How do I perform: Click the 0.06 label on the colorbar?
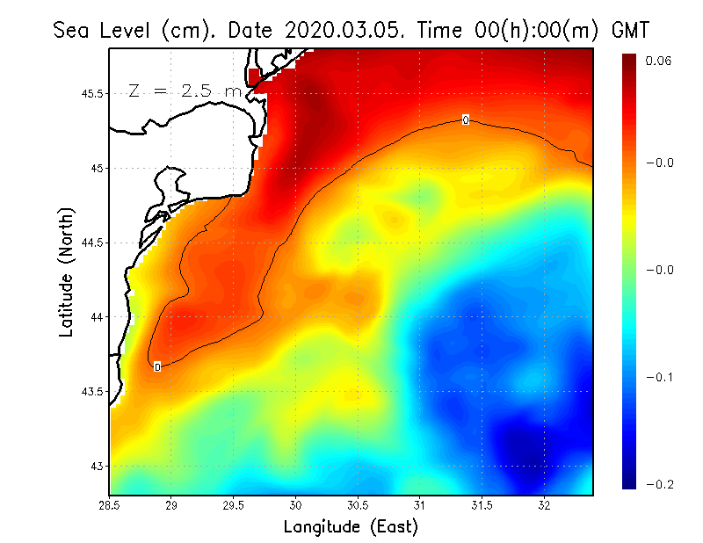pyautogui.click(x=659, y=62)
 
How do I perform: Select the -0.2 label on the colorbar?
pyautogui.click(x=658, y=484)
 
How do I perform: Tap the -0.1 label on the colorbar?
pyautogui.click(x=658, y=377)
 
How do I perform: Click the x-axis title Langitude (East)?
pyautogui.click(x=351, y=527)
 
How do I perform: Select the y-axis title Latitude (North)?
pyautogui.click(x=67, y=271)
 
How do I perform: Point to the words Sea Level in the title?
pyautogui.click(x=106, y=30)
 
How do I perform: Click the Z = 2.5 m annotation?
pyautogui.click(x=183, y=90)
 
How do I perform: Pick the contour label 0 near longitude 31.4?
pyautogui.click(x=465, y=119)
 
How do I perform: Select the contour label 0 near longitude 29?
pyautogui.click(x=157, y=366)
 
